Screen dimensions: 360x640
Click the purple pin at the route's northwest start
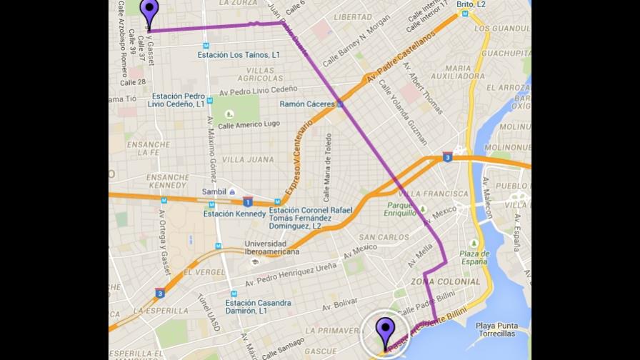(149, 13)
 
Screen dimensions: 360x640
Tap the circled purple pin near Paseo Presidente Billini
(386, 333)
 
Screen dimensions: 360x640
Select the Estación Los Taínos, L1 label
(239, 55)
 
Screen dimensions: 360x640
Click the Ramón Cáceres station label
(307, 104)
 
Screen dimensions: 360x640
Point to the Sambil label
(214, 191)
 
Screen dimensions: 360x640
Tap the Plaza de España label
(474, 258)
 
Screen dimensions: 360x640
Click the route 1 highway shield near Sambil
(247, 201)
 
